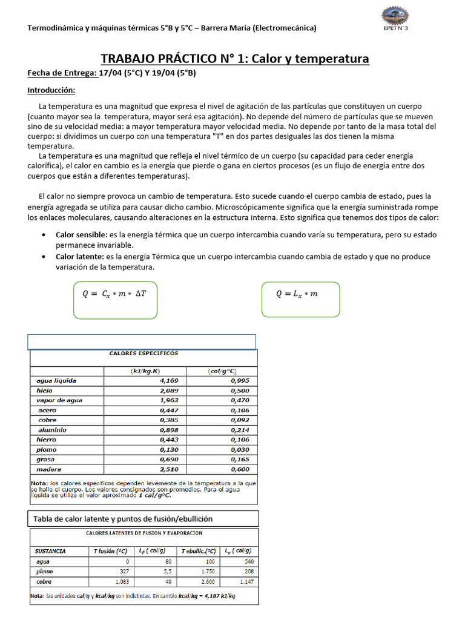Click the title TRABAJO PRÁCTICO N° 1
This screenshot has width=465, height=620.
[234, 59]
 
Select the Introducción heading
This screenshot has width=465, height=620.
[51, 90]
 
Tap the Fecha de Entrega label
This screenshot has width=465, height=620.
[62, 73]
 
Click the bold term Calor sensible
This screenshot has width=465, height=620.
[81, 234]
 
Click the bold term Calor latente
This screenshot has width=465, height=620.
[79, 257]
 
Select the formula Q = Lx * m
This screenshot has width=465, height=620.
[297, 294]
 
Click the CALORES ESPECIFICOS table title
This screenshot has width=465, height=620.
[143, 352]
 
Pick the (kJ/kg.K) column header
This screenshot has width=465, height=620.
[145, 371]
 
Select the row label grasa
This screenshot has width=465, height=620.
[46, 460]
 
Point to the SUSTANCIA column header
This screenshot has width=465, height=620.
[51, 552]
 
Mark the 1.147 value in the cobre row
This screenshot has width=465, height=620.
[245, 581]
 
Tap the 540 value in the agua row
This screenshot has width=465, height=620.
[248, 562]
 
